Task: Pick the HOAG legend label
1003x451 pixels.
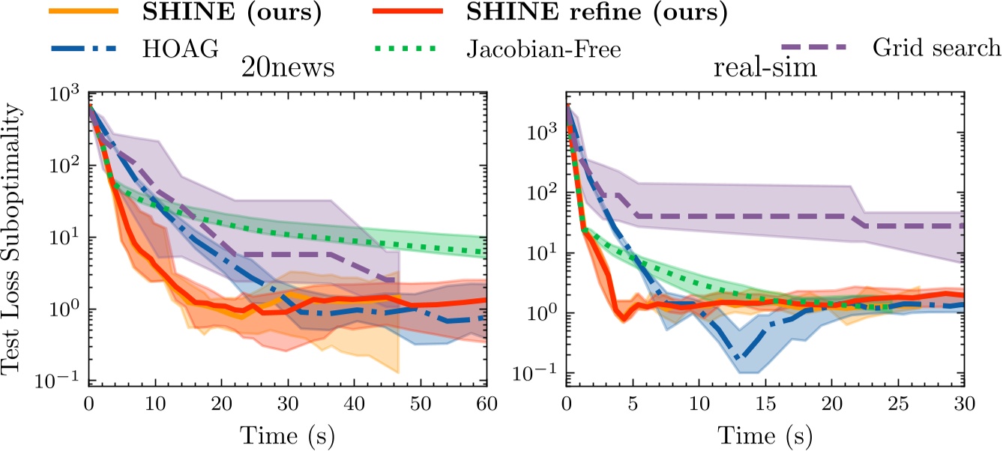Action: click(x=179, y=49)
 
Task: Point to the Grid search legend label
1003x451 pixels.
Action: click(x=936, y=49)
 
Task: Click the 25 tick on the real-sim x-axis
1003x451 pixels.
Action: click(x=897, y=405)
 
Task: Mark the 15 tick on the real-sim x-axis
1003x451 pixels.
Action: click(x=765, y=405)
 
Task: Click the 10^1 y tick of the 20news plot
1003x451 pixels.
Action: click(x=67, y=239)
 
